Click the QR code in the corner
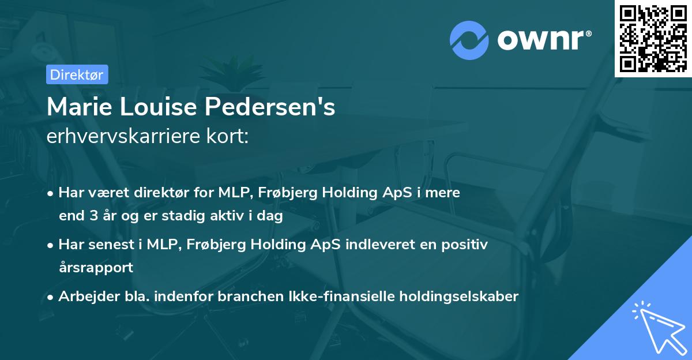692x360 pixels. pyautogui.click(x=653, y=38)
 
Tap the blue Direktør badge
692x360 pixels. pyautogui.click(x=77, y=74)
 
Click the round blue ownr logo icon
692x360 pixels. pyautogui.click(x=469, y=40)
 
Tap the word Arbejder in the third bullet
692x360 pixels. pyautogui.click(x=84, y=297)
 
